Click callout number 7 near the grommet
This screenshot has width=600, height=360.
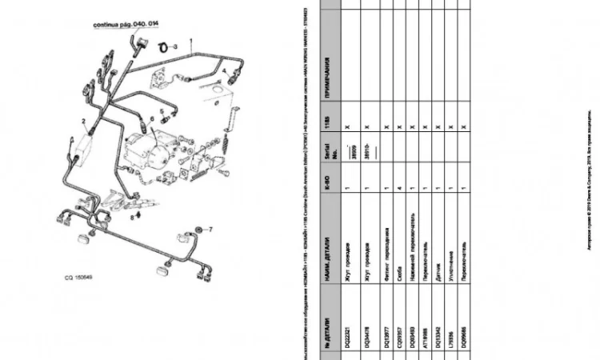[x=210, y=230]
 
